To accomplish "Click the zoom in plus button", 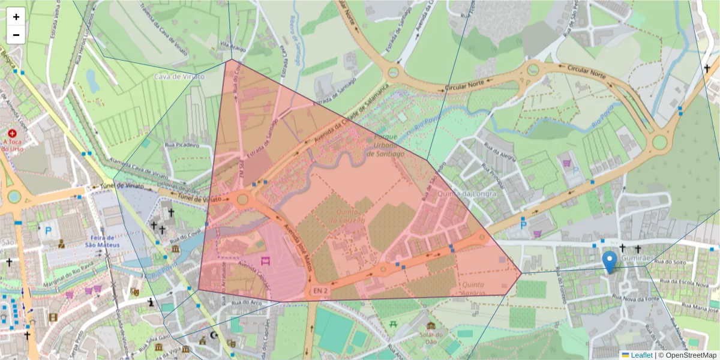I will [16, 17].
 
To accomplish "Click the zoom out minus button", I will [16, 35].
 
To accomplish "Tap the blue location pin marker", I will [610, 262].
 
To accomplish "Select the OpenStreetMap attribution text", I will [689, 355].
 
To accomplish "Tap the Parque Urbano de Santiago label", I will [382, 145].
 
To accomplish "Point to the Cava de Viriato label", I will [179, 77].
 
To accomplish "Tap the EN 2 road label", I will [320, 291].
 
